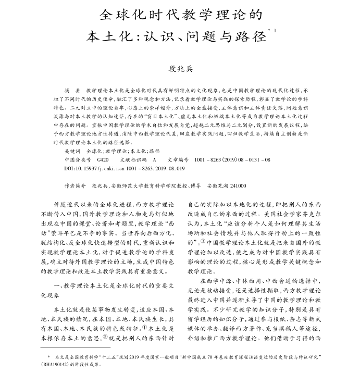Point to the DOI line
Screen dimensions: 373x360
pyautogui.click(x=124, y=168)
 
